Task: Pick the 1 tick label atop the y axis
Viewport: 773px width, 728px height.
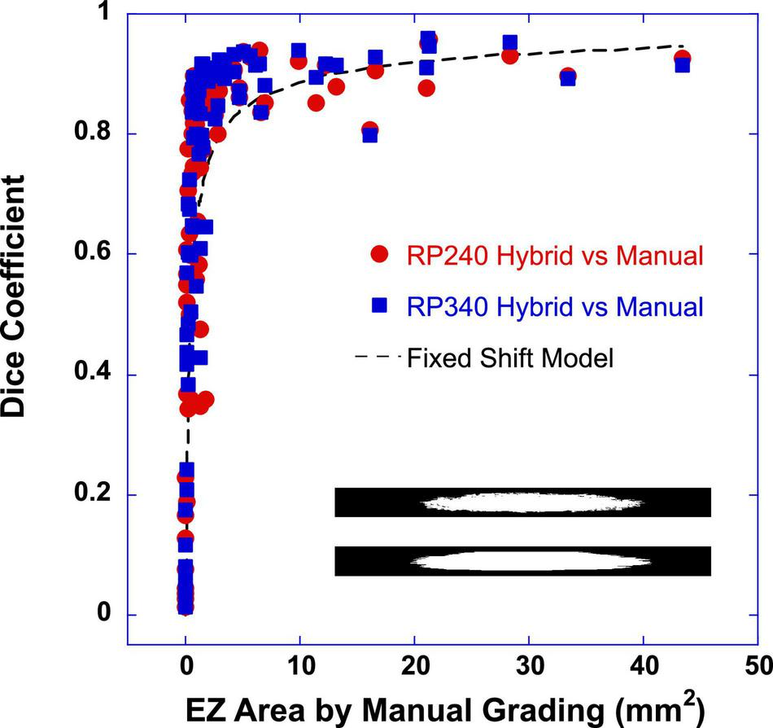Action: (104, 14)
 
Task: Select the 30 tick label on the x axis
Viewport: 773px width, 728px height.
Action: (530, 663)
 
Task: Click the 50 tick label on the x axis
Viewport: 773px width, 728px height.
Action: (759, 663)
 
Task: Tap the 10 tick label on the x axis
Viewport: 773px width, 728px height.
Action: (300, 663)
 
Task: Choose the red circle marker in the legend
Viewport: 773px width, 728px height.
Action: (378, 255)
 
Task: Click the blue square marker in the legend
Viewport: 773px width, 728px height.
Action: (378, 305)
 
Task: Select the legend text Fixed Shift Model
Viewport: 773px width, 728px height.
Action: (509, 357)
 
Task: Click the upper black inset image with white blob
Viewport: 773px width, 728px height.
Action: (522, 502)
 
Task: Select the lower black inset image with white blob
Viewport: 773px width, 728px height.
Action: (522, 561)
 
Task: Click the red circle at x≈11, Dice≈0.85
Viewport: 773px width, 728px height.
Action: (316, 103)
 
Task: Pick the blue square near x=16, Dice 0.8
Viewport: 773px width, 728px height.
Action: (370, 135)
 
